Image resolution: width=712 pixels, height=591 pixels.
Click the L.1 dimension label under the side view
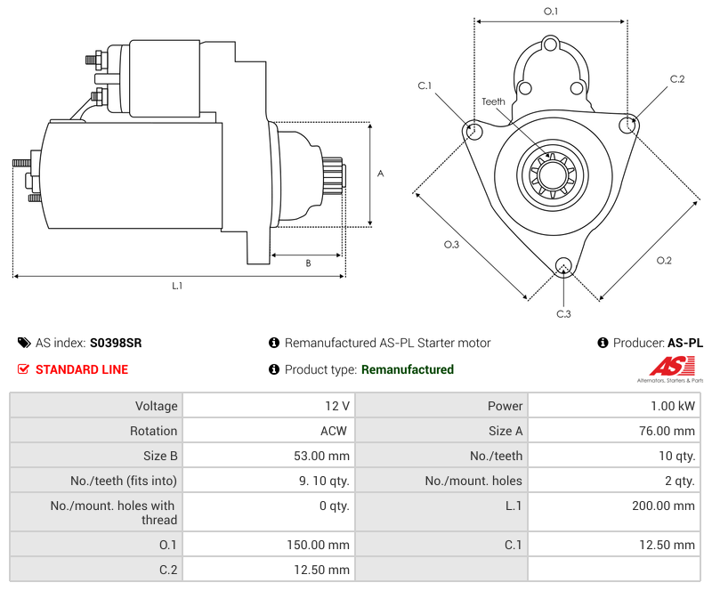pyautogui.click(x=177, y=286)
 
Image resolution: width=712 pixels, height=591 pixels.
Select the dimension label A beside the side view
pyautogui.click(x=380, y=174)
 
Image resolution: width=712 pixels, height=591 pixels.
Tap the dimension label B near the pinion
pyautogui.click(x=308, y=263)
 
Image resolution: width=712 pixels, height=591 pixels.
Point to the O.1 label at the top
pyautogui.click(x=551, y=12)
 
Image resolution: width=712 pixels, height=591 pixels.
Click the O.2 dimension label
pyautogui.click(x=664, y=260)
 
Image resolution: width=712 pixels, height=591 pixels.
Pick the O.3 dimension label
pyautogui.click(x=451, y=245)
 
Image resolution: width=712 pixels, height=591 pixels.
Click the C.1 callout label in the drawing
pyautogui.click(x=425, y=85)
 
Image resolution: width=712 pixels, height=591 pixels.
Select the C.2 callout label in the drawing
pyautogui.click(x=677, y=79)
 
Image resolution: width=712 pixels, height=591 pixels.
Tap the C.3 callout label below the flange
pyautogui.click(x=563, y=313)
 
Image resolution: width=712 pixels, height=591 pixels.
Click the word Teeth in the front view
pyautogui.click(x=493, y=101)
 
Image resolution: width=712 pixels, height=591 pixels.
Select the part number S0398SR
pyautogui.click(x=116, y=343)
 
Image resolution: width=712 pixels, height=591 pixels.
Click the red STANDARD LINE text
pyautogui.click(x=82, y=369)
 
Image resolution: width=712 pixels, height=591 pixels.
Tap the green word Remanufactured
pyautogui.click(x=407, y=369)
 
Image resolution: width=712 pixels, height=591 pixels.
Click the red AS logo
pyautogui.click(x=665, y=366)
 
